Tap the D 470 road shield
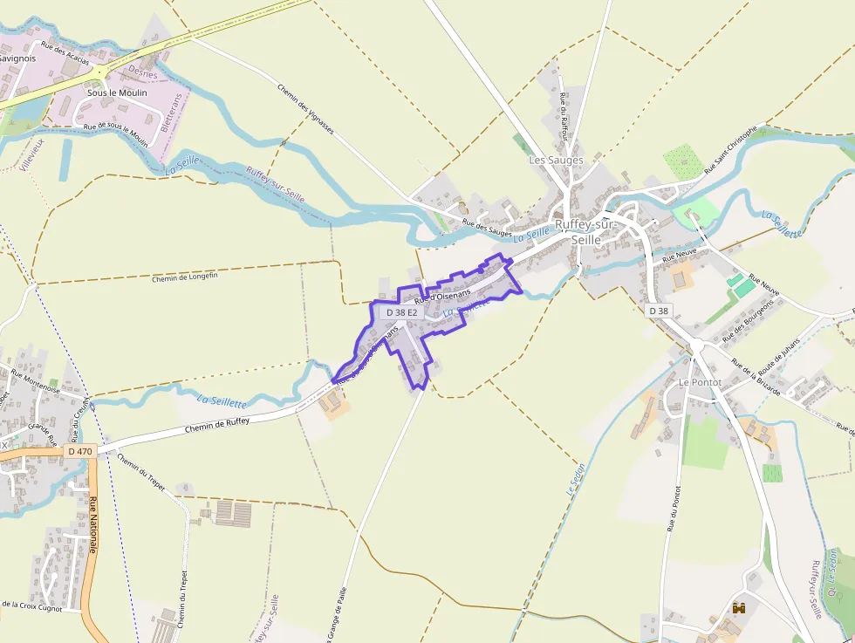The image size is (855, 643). (x=79, y=451)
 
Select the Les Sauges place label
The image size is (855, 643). (x=556, y=161)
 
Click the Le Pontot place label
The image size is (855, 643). (x=697, y=382)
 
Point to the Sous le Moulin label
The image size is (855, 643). (x=117, y=92)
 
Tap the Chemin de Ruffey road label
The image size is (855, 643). (x=217, y=425)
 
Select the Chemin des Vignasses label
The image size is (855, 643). (x=305, y=108)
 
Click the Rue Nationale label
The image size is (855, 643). (x=92, y=524)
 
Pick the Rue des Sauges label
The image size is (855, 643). (x=487, y=228)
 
